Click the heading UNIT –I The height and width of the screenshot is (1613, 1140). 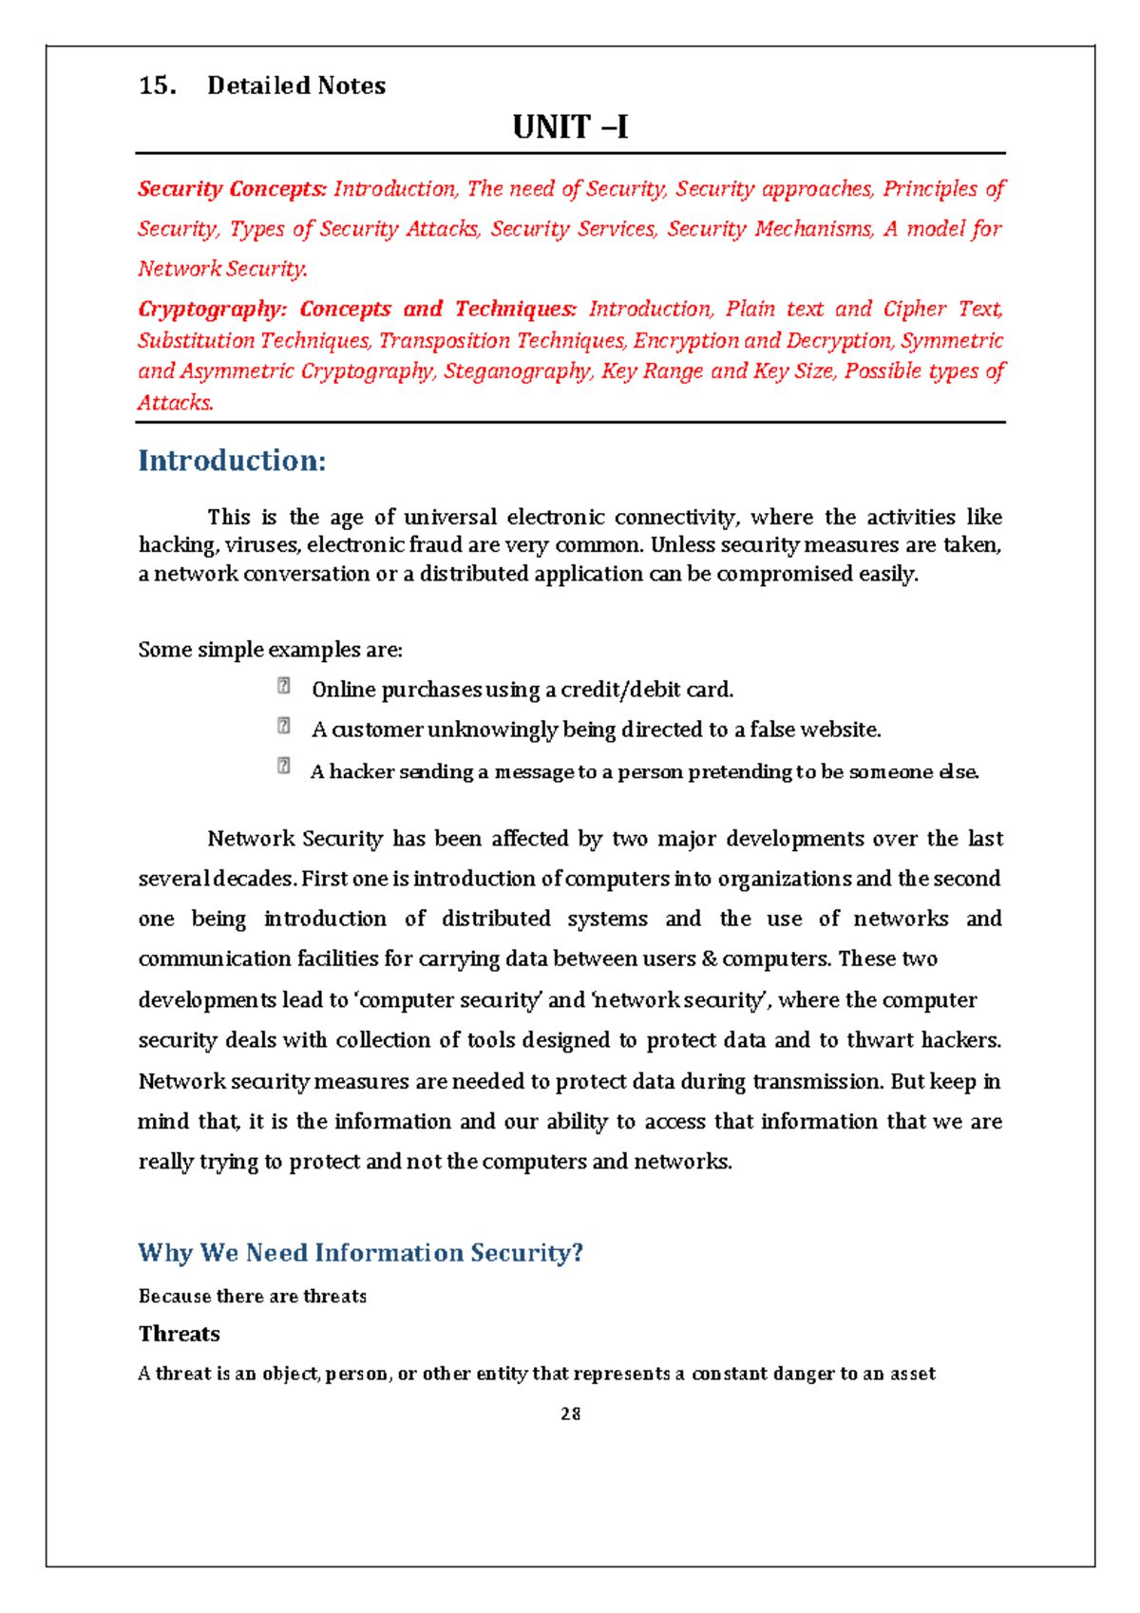click(x=570, y=127)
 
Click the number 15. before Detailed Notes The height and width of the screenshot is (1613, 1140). click(x=157, y=86)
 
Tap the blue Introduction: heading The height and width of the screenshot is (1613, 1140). click(x=232, y=461)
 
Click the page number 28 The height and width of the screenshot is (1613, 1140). click(x=570, y=1414)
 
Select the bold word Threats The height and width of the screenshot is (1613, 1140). click(x=179, y=1334)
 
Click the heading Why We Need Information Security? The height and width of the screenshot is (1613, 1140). click(x=360, y=1252)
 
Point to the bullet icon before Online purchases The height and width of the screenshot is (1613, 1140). click(x=283, y=685)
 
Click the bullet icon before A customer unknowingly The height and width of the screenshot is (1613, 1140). click(x=283, y=726)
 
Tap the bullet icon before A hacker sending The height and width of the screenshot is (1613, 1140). click(x=283, y=766)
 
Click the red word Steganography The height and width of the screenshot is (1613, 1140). click(x=518, y=371)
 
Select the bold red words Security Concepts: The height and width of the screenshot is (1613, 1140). click(x=232, y=189)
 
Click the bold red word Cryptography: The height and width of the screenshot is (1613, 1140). click(x=212, y=309)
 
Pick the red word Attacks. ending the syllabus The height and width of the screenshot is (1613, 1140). click(x=176, y=403)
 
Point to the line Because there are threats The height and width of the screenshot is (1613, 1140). click(x=252, y=1297)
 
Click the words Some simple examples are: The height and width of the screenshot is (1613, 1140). click(x=270, y=650)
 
